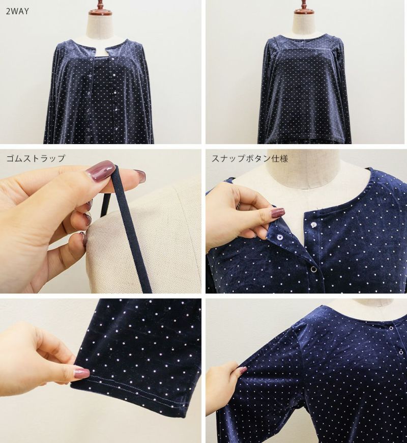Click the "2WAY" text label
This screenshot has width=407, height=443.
[17, 11]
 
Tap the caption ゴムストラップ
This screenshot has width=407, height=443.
[36, 158]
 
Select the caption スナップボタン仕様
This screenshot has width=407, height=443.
[250, 158]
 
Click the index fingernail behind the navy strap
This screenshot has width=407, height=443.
[139, 176]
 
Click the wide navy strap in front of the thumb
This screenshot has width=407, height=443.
[131, 229]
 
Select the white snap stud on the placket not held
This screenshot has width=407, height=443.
[314, 225]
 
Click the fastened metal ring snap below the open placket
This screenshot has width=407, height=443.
[313, 270]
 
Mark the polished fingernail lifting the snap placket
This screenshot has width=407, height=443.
[277, 212]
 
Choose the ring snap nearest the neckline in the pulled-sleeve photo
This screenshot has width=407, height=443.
[390, 328]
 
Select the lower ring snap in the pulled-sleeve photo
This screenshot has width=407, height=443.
[401, 353]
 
